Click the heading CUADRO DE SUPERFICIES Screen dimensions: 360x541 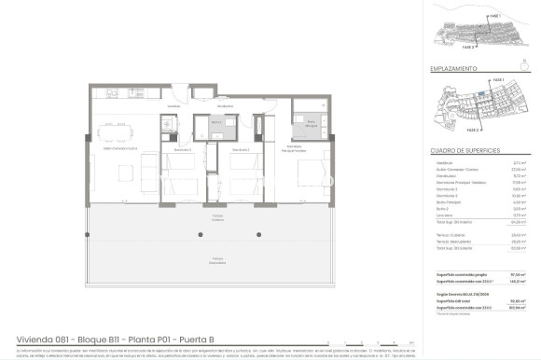[465, 149]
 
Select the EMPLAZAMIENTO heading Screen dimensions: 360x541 [454, 69]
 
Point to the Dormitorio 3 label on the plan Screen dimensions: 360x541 [182, 149]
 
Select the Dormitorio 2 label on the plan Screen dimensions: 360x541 [241, 149]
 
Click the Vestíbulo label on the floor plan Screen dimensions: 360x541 [173, 106]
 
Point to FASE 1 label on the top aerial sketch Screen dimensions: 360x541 [494, 16]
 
